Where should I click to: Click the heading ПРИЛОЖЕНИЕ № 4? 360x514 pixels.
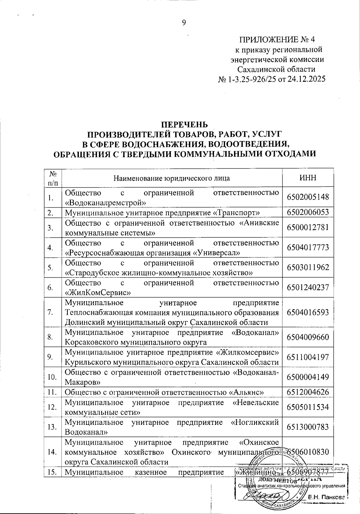[x=277, y=39]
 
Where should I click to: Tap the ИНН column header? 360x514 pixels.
[x=308, y=178]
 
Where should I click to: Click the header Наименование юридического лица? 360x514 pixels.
[x=172, y=178]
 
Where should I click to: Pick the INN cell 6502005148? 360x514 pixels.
[x=308, y=197]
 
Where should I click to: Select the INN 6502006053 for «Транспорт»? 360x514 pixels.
[x=308, y=212]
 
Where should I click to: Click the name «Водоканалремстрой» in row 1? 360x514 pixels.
[x=106, y=203]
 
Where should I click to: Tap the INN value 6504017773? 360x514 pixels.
[x=308, y=248]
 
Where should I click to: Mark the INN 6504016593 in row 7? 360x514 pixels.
[x=308, y=312]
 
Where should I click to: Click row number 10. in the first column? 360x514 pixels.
[x=52, y=377]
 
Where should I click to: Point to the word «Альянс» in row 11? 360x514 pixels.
[x=247, y=392]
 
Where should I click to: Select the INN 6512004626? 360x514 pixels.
[x=308, y=392]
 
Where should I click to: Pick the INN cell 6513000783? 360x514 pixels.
[x=308, y=427]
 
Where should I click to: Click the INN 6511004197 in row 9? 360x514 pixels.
[x=308, y=357]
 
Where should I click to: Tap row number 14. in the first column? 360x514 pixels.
[x=52, y=452]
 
